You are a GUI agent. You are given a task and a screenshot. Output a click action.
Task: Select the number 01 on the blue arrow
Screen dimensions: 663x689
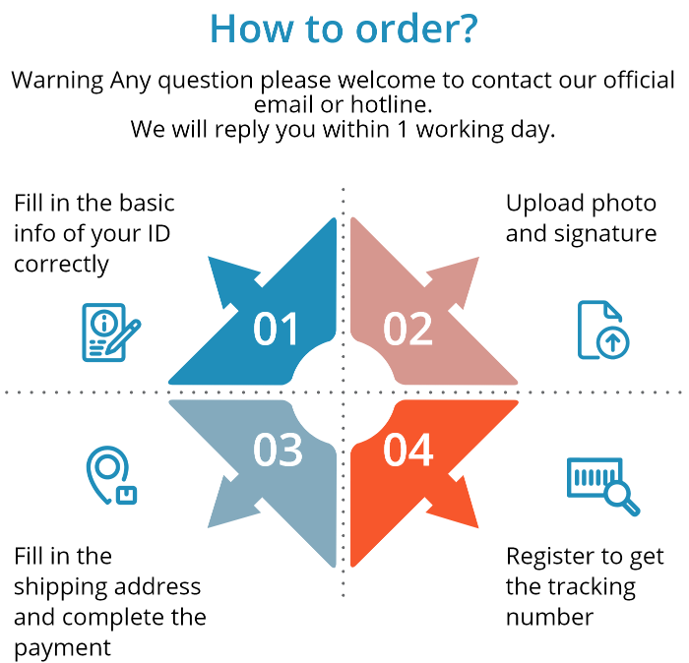(276, 330)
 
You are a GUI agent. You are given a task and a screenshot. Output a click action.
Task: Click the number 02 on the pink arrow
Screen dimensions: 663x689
(408, 330)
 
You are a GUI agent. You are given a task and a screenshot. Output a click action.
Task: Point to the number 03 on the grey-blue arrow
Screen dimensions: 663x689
(277, 450)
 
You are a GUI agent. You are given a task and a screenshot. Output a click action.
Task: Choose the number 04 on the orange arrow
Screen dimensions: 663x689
(408, 450)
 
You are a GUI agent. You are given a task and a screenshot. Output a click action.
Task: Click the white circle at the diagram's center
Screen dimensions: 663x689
(344, 392)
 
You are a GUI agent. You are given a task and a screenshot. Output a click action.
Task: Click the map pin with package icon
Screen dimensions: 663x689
(109, 476)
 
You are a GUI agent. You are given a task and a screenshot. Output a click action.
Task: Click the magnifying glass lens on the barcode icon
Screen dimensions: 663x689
(618, 494)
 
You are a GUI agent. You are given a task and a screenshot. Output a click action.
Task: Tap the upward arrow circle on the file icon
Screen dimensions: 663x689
(614, 341)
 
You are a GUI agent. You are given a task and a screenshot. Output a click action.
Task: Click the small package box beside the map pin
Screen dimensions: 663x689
(126, 495)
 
